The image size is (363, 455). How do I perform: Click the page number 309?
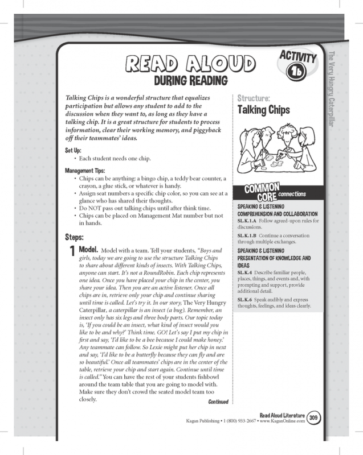coord(313,418)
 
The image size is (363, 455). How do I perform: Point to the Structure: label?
coord(254,97)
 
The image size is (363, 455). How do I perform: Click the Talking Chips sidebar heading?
coord(263,110)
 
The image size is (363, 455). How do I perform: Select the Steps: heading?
coord(78,235)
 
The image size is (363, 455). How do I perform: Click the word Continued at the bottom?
coord(218,402)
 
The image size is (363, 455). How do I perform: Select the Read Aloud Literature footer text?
coord(282,415)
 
